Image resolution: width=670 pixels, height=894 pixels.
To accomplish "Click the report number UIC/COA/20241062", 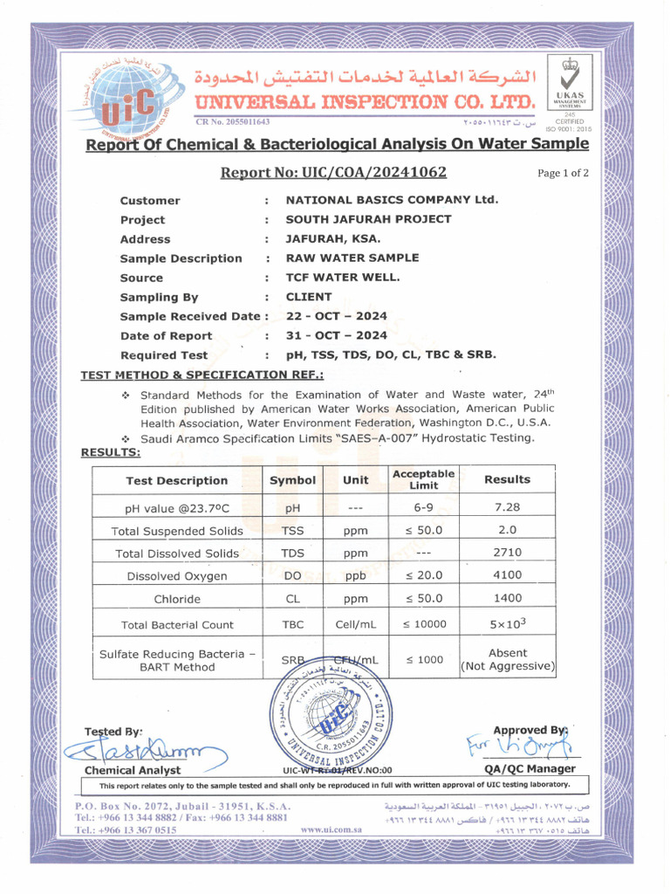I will (x=333, y=172).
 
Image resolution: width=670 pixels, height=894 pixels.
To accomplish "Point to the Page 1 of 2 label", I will (x=563, y=173).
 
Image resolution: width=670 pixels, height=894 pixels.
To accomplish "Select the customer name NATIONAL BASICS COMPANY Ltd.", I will (x=392, y=200).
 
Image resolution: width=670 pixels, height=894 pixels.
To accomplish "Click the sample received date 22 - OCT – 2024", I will (x=337, y=316).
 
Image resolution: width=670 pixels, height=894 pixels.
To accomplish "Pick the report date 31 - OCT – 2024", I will (x=337, y=336).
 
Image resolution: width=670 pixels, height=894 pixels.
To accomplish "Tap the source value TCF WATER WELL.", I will (x=343, y=278).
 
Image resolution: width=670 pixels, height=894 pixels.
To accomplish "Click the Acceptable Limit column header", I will (x=424, y=479).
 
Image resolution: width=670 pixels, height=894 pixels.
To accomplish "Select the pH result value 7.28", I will (x=507, y=507).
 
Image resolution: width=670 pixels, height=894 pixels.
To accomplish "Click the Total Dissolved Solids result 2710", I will (x=507, y=553).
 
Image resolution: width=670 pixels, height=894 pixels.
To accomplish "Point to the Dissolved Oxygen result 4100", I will (x=507, y=575).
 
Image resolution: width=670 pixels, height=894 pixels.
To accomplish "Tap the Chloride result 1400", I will (x=507, y=599).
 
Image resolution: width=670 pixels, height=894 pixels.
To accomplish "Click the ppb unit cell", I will (x=355, y=575).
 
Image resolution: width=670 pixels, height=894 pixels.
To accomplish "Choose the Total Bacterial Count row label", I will (x=177, y=624).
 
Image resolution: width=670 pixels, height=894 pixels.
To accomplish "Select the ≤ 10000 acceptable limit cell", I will (x=424, y=624).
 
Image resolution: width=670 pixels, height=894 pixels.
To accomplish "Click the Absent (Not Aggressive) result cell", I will (x=507, y=660).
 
